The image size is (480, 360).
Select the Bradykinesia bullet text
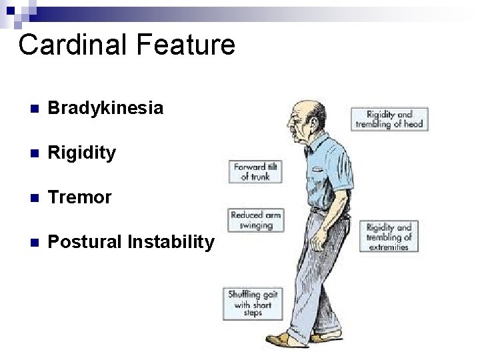(106, 108)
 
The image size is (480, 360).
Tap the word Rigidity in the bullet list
(83, 153)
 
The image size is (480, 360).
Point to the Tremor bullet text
(80, 197)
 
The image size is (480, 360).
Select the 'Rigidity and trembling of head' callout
(389, 119)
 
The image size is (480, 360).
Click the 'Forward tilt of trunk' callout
(255, 171)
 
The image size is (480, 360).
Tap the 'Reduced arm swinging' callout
(255, 219)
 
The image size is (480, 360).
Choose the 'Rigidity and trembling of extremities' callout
(389, 236)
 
